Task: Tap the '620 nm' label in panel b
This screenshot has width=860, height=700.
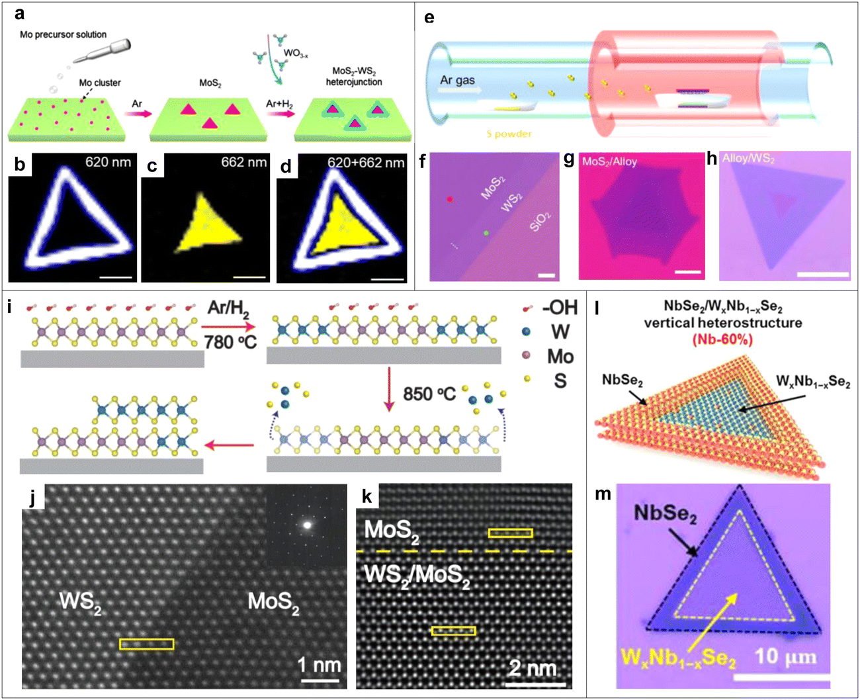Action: click(108, 162)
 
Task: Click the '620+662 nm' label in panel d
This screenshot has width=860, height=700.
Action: click(366, 163)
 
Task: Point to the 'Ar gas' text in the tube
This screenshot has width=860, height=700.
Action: click(458, 81)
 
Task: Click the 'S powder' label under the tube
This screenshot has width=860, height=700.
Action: click(509, 134)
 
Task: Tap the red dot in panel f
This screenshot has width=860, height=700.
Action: click(450, 199)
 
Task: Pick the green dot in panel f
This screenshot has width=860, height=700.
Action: click(486, 233)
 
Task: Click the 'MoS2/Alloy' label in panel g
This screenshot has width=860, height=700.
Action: click(609, 161)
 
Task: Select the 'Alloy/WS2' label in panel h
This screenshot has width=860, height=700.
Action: click(748, 159)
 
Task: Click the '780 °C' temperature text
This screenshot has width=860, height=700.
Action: click(230, 343)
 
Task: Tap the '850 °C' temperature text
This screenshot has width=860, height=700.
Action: click(429, 394)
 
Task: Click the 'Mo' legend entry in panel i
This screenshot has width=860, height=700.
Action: click(560, 357)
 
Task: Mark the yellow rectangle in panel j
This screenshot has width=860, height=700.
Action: click(146, 644)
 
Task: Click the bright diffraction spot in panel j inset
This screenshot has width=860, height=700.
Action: click(307, 525)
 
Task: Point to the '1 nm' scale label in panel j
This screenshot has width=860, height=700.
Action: click(320, 664)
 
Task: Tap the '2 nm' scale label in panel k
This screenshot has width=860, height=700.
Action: click(533, 668)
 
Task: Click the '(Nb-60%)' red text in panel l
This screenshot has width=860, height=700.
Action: click(722, 340)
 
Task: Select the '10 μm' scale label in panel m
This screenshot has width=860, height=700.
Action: click(785, 657)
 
